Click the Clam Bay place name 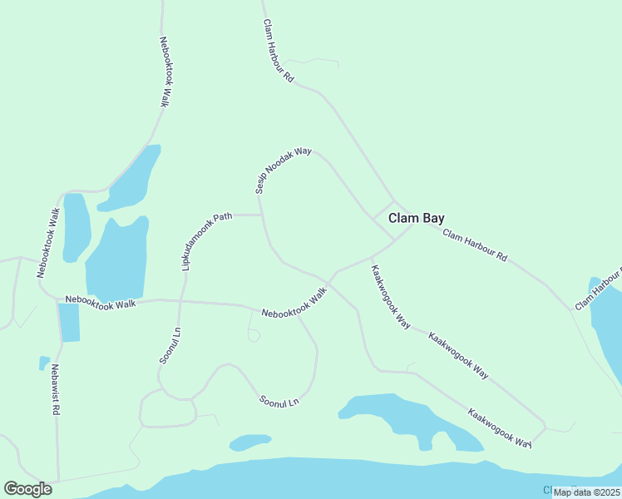pyautogui.click(x=416, y=218)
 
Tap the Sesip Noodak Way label pyautogui.click(x=283, y=171)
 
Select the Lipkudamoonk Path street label pyautogui.click(x=205, y=241)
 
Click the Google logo pyautogui.click(x=27, y=489)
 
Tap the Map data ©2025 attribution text pyautogui.click(x=587, y=492)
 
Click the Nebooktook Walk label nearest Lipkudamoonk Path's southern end pyautogui.click(x=101, y=303)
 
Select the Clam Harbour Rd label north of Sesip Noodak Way pyautogui.click(x=279, y=51)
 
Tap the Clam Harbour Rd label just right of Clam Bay pyautogui.click(x=474, y=245)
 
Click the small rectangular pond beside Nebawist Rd pyautogui.click(x=69, y=323)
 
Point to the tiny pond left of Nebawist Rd pyautogui.click(x=43, y=363)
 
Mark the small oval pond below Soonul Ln pyautogui.click(x=249, y=442)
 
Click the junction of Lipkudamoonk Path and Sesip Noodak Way pyautogui.click(x=263, y=215)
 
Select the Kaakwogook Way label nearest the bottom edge pyautogui.click(x=499, y=428)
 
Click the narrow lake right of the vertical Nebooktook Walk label pyautogui.click(x=76, y=227)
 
